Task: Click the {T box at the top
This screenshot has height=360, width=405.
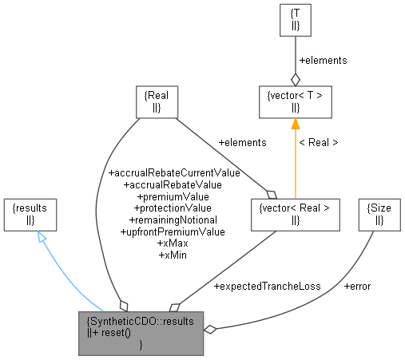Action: click(x=295, y=22)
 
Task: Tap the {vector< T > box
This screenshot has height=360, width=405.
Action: click(x=295, y=101)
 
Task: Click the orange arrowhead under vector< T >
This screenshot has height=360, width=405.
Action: click(x=295, y=124)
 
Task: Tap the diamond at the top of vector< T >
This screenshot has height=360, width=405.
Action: click(x=295, y=78)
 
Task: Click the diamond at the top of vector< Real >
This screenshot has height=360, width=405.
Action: click(x=271, y=192)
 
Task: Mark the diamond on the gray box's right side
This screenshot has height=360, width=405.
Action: click(x=211, y=328)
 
